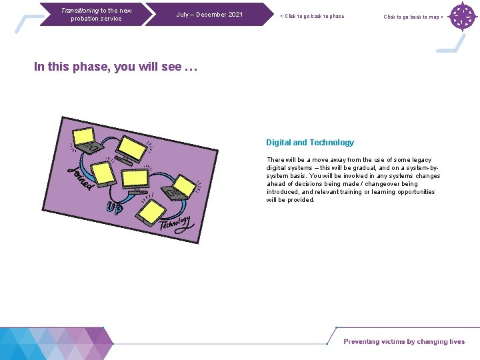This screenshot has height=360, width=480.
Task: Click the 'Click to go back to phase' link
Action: point(312,17)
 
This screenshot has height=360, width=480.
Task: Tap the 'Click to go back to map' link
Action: point(413,17)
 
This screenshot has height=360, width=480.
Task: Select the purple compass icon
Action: point(461,17)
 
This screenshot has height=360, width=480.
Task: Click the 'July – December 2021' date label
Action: point(209,15)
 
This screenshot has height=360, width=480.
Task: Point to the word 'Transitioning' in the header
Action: point(79,11)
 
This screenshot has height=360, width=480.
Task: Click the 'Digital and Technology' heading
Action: point(310,143)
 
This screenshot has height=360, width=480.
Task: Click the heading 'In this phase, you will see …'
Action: point(116,67)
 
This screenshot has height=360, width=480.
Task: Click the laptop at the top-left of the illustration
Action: point(85,138)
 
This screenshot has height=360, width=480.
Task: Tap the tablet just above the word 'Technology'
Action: point(151,211)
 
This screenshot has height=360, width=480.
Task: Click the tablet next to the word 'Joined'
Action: point(103,173)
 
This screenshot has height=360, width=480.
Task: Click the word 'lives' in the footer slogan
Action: point(457,342)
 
